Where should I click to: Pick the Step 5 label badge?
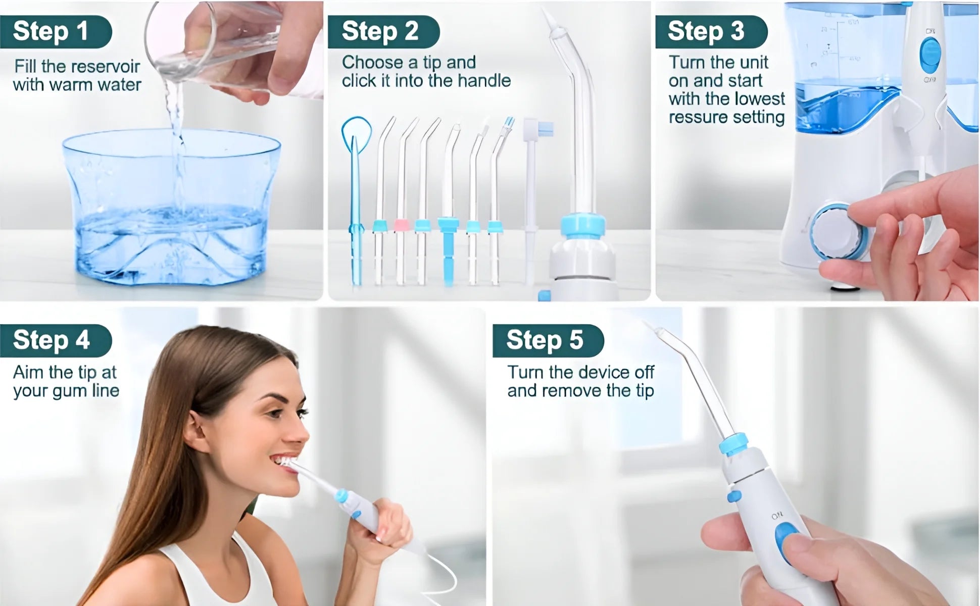tap(546, 340)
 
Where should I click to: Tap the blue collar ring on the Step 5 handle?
tap(733, 444)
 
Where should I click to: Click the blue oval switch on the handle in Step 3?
tap(929, 55)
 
